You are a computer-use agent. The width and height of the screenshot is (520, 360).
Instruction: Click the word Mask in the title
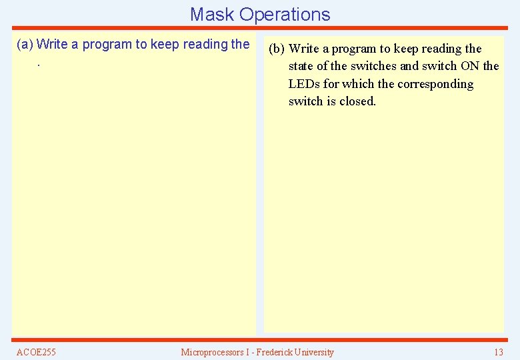click(212, 14)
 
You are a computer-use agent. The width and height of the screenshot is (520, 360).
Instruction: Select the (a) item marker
click(25, 45)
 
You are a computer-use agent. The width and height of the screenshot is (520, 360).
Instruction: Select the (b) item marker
click(277, 49)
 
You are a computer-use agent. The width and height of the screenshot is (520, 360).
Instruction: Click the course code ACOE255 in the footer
click(36, 352)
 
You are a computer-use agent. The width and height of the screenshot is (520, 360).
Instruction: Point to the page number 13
click(498, 352)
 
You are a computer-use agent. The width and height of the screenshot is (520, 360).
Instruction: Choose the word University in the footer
click(313, 352)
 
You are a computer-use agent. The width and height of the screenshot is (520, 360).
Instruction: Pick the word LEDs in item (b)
click(304, 84)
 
